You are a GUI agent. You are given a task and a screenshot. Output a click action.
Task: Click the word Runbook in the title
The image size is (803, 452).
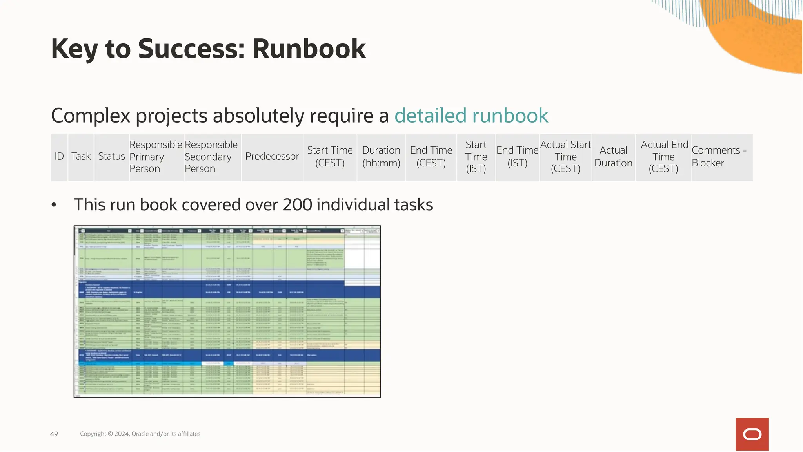(309, 49)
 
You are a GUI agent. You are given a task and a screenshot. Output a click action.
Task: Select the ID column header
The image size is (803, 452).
(59, 157)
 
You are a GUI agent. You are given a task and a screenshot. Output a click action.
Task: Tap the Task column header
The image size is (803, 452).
(81, 157)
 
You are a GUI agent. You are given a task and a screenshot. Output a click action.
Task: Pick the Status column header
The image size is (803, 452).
(111, 157)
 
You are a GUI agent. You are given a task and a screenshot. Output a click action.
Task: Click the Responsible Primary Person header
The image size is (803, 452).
(156, 157)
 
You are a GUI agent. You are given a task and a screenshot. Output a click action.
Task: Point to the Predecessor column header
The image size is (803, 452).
(272, 157)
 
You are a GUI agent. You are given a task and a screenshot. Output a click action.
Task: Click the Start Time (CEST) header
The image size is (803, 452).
(330, 157)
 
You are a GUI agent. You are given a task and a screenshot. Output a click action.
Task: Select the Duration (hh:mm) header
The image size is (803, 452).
(381, 157)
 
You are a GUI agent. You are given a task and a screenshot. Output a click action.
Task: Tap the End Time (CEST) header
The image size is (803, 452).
(431, 157)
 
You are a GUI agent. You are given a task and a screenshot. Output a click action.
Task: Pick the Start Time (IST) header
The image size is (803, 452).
(476, 157)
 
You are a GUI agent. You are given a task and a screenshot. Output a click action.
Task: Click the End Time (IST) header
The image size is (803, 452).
(517, 157)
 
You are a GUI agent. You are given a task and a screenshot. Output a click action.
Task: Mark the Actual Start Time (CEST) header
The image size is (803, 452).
(565, 157)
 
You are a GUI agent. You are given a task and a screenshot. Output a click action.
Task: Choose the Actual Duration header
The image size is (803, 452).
(613, 157)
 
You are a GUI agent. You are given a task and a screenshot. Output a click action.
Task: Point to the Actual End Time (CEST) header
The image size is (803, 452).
(664, 157)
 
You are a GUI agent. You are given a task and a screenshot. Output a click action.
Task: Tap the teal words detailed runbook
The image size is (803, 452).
(471, 116)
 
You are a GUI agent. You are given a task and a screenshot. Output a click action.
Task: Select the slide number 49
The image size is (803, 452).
(54, 434)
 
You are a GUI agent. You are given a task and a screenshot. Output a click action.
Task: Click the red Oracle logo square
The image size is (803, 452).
(752, 434)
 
